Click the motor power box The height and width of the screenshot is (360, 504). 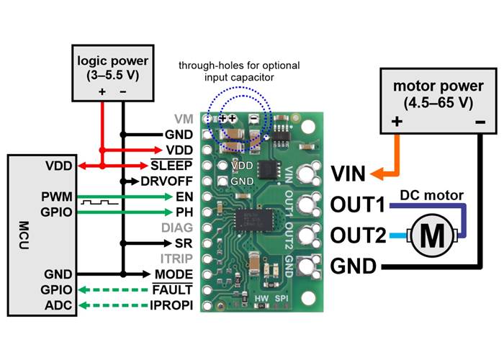[432, 102]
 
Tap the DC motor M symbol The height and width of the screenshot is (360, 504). [433, 235]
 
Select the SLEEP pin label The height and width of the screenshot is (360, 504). [171, 165]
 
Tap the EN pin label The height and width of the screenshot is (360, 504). [184, 196]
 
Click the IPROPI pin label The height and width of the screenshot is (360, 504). [172, 305]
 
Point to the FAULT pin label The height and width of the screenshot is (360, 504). [173, 289]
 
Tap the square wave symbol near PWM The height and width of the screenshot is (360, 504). [93, 203]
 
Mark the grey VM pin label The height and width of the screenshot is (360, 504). [184, 118]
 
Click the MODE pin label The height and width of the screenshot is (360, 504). [174, 274]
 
